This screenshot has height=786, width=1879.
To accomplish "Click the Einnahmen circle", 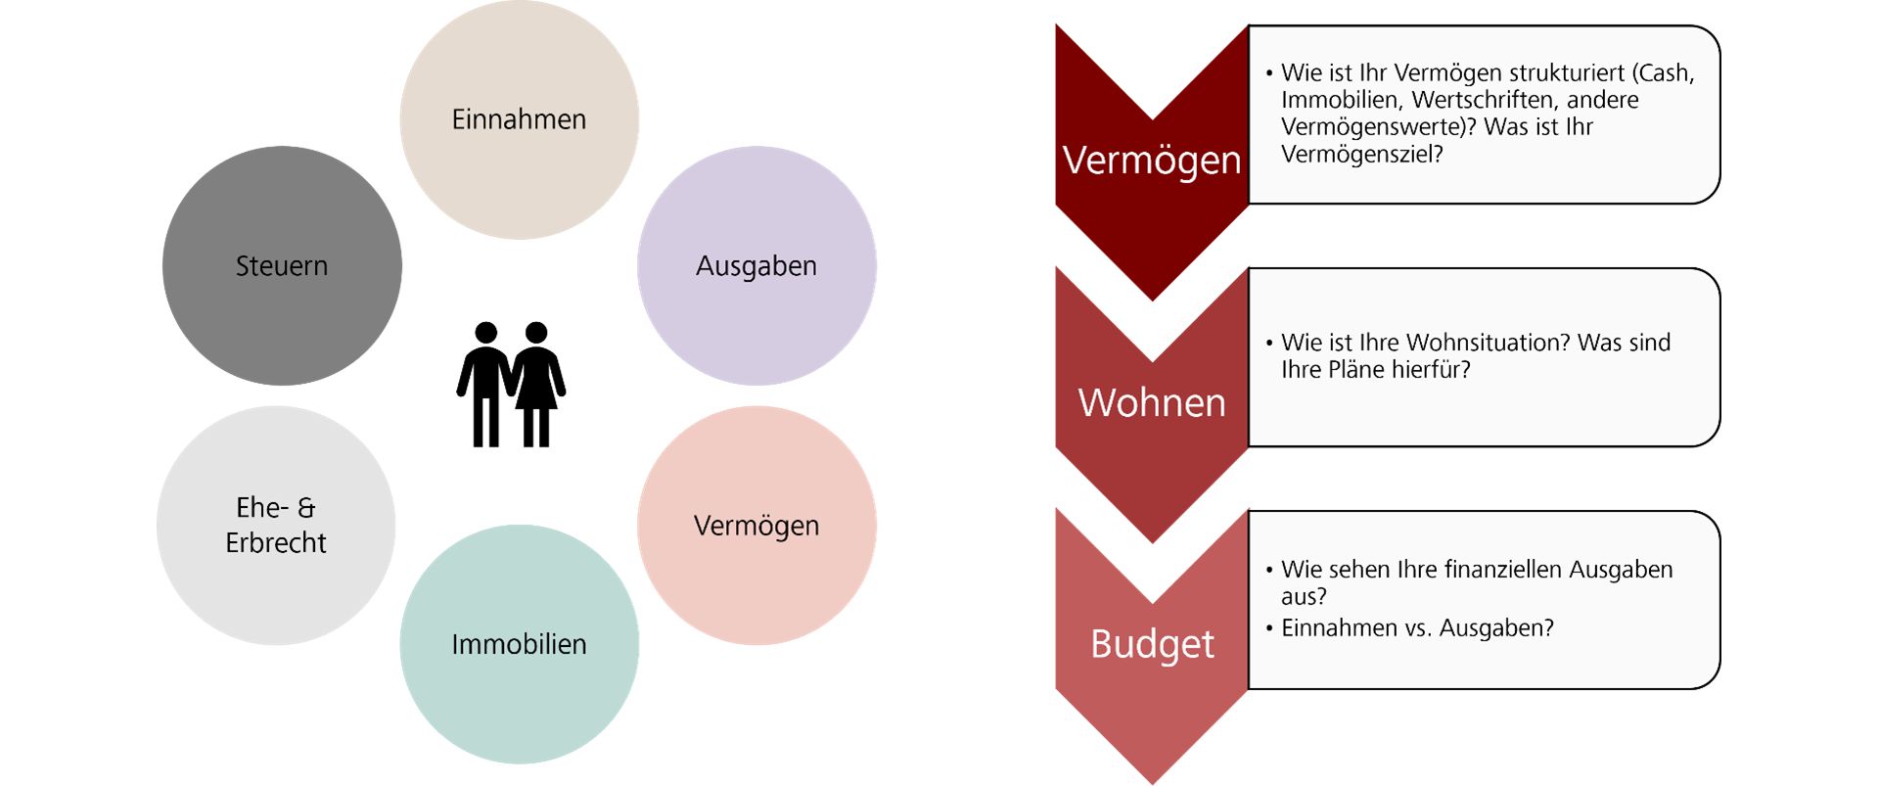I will pos(519,119).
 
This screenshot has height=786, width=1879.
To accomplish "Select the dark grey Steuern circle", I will pos(282,265).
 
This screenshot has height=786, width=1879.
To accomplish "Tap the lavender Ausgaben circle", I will pos(756,265).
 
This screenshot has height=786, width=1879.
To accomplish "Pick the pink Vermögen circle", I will pos(756,526).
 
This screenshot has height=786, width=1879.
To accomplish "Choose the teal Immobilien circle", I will pos(519,644).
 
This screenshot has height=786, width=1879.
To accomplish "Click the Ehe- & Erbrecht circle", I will pos(276,526).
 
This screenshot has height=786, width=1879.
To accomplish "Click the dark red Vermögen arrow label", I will pos(1152,160).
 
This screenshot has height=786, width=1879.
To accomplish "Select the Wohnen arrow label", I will pos(1152,402).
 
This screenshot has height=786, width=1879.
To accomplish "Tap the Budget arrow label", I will pos(1152,644).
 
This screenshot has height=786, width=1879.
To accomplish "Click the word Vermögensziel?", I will pos(1361,154).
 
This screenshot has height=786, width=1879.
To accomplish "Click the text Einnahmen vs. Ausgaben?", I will pos(1417,628).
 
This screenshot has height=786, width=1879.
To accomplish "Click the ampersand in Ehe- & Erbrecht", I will pos(306,507).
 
